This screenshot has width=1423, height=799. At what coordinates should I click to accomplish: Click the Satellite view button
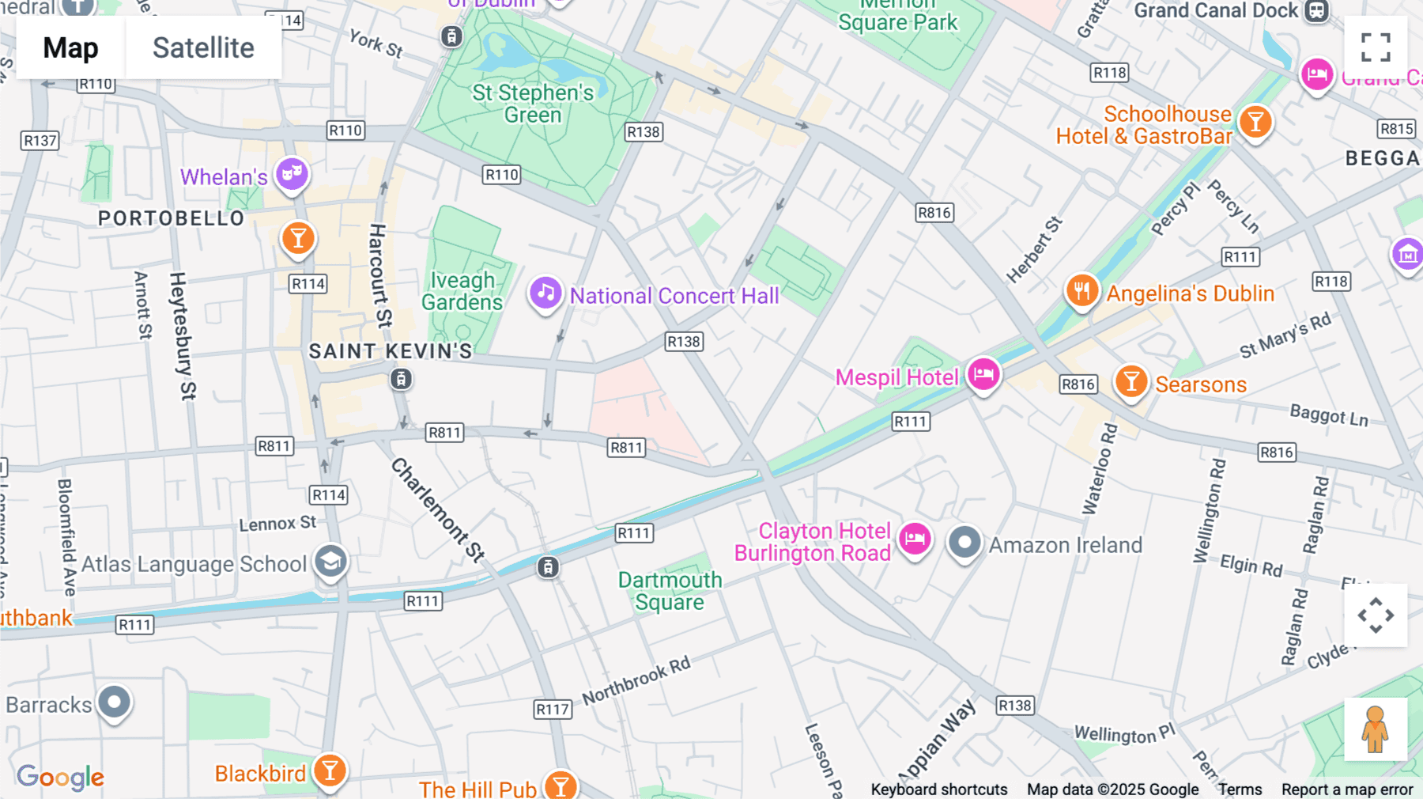(203, 48)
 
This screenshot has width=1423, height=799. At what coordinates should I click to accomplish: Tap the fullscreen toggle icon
(1376, 47)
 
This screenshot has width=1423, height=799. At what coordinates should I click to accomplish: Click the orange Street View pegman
(1375, 729)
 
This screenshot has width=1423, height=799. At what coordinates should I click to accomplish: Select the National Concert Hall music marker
(545, 293)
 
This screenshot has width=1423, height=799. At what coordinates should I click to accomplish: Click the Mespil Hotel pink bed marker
(983, 374)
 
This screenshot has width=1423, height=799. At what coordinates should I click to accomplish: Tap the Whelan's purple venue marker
(291, 173)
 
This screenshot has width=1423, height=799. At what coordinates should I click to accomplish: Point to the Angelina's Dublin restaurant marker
(1081, 291)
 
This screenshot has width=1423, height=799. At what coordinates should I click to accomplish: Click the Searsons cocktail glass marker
(1131, 382)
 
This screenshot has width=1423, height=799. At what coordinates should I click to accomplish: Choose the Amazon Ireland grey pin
(964, 543)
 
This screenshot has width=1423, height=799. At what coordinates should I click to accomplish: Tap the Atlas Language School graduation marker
(330, 562)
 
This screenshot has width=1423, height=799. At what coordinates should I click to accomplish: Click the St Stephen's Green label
(533, 104)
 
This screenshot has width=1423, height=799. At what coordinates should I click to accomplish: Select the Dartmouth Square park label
(670, 591)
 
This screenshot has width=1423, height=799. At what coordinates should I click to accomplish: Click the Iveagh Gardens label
(462, 291)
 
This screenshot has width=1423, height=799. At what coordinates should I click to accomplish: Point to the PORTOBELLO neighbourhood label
(171, 218)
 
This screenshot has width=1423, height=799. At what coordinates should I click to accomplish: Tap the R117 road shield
(553, 709)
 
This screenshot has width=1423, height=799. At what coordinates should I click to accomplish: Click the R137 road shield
(40, 141)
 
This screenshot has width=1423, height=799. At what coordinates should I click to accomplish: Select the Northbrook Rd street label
(636, 680)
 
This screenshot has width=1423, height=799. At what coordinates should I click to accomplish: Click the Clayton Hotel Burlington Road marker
(915, 539)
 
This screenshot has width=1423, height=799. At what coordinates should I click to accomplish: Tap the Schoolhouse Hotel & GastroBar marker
(1255, 123)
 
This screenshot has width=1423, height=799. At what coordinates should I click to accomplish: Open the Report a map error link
(1346, 790)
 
